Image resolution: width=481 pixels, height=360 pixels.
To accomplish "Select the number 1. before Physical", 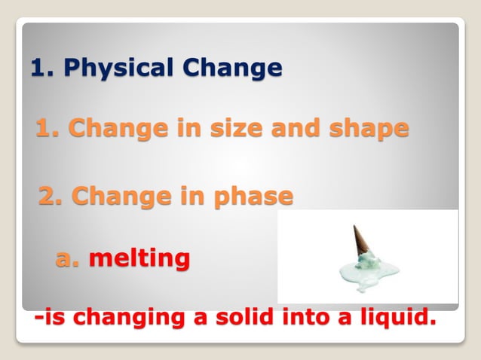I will [43, 69].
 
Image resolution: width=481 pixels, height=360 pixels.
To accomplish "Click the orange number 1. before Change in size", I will [48, 129].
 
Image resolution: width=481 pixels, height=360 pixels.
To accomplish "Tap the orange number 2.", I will [52, 197].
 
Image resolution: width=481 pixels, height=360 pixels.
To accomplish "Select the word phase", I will [253, 197].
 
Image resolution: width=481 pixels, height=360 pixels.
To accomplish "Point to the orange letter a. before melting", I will [69, 259].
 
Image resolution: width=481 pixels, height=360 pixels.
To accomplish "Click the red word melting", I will [139, 259].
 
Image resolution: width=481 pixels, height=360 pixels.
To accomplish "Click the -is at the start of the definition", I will [49, 318].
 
